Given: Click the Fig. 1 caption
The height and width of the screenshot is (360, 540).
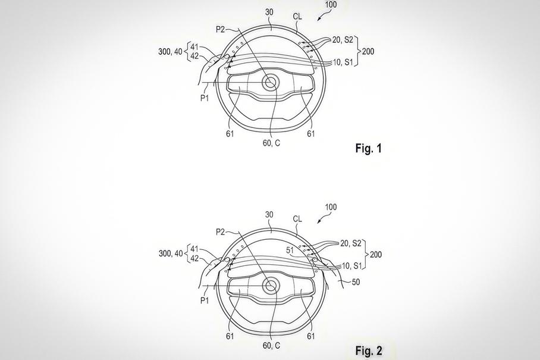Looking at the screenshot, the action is click(x=369, y=149).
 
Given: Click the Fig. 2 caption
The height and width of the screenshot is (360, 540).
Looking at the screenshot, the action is click(x=369, y=350).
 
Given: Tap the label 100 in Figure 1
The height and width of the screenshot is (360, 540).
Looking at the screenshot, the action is click(x=331, y=5).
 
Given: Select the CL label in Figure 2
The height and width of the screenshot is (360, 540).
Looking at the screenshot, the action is click(x=297, y=219).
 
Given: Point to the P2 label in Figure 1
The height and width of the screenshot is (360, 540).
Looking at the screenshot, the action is click(x=221, y=30).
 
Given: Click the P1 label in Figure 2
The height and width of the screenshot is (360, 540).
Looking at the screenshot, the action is click(x=205, y=300).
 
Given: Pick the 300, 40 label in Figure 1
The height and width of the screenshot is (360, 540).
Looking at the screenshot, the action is click(x=170, y=52).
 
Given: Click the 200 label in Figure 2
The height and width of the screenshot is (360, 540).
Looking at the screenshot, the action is click(x=376, y=255).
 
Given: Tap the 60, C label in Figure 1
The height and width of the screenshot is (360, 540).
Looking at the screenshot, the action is click(x=271, y=143).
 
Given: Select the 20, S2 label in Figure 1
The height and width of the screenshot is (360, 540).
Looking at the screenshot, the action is click(x=343, y=40).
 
